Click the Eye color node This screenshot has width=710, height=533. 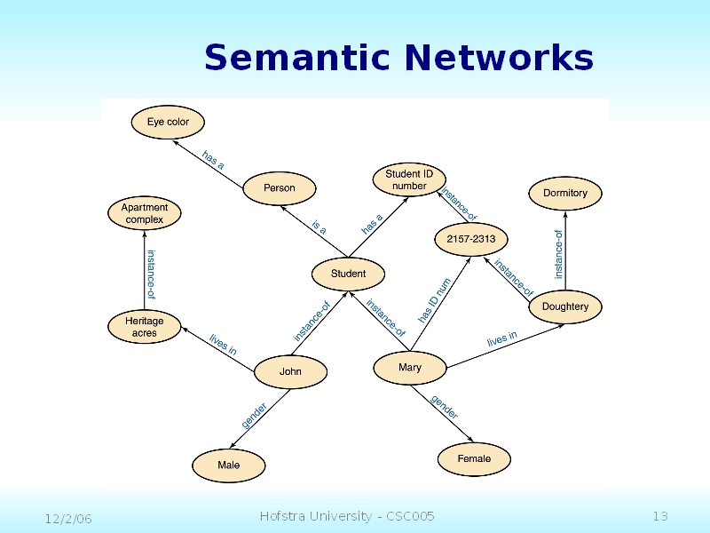point(168,122)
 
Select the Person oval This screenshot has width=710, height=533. point(280,188)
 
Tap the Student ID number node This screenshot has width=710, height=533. point(409,179)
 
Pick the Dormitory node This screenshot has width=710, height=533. point(565,193)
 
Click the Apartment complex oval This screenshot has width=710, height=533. point(145,213)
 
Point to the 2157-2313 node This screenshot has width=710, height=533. point(471,239)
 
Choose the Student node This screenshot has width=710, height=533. point(349,274)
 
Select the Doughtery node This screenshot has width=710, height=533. point(565,306)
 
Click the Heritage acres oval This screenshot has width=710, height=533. point(145,327)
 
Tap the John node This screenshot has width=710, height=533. point(290,371)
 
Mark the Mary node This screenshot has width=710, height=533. point(410,367)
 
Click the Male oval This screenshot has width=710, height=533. point(229,465)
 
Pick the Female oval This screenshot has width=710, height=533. point(474,458)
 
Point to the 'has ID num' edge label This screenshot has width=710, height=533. point(436,299)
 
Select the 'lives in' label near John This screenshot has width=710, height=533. point(223,344)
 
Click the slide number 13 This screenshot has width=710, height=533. point(659,517)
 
